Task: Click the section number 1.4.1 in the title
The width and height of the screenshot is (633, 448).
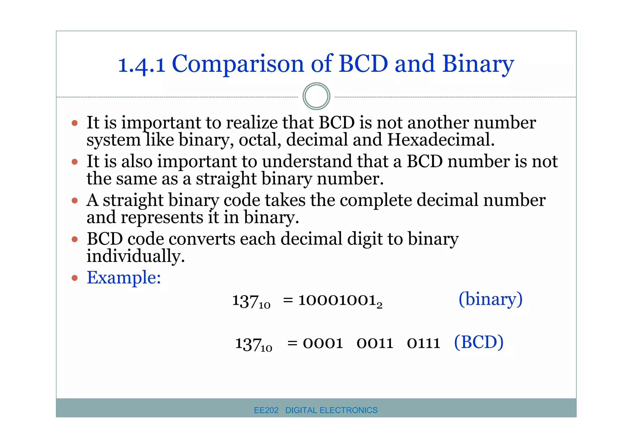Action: (142, 65)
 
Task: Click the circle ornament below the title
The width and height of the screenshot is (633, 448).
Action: (316, 96)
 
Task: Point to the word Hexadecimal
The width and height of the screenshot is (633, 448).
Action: (440, 140)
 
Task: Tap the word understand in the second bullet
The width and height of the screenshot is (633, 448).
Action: (307, 161)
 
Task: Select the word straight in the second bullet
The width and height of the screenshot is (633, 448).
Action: (226, 179)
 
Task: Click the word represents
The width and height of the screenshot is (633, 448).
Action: (162, 217)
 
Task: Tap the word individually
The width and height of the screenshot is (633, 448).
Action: (135, 256)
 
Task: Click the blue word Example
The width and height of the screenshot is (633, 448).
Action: (124, 277)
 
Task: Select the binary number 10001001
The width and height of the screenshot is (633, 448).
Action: (338, 300)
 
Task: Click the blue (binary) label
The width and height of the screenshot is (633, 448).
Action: (490, 299)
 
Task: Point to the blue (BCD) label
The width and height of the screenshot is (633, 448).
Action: (478, 342)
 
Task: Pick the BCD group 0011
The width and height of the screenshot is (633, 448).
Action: (375, 343)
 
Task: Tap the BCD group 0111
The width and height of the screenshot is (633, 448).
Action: (423, 343)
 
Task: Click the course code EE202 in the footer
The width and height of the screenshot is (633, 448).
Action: (266, 410)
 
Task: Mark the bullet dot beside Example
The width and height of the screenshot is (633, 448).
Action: (74, 278)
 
